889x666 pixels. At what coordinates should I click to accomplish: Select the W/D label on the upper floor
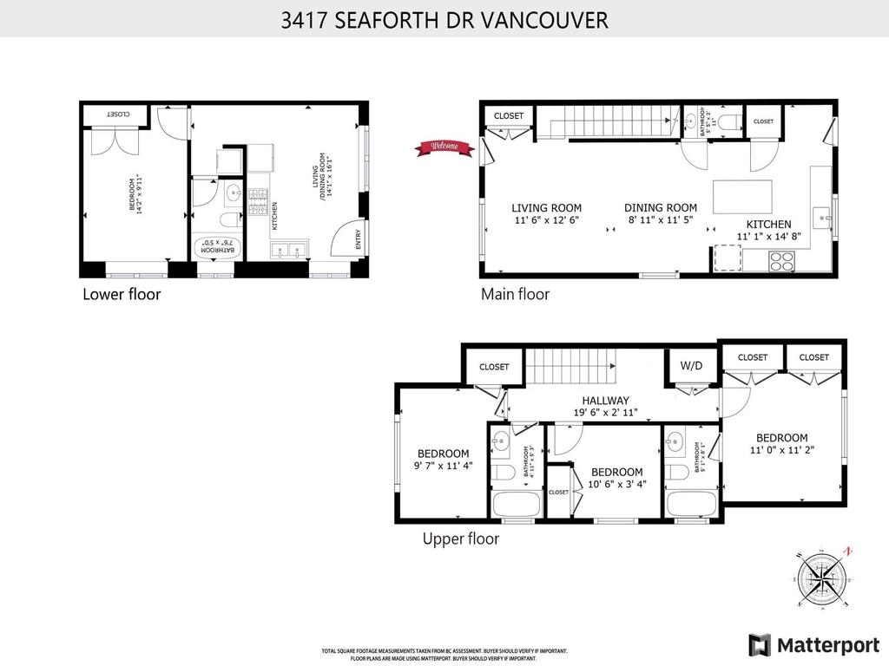point(691,366)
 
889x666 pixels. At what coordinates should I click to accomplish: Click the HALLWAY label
point(606,400)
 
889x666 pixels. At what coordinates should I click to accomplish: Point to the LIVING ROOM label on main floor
point(546,208)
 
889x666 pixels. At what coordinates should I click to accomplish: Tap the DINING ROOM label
point(661,208)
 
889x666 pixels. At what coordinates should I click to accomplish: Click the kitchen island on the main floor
point(742,197)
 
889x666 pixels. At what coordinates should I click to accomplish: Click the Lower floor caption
point(122,294)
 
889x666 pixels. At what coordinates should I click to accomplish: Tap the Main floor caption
point(515,294)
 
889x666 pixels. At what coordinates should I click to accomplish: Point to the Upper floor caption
point(460,539)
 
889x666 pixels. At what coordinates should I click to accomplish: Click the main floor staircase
point(606,121)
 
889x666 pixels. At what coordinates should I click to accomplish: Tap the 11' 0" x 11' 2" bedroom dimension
point(781,450)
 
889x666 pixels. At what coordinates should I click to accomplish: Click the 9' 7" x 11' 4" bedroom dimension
point(443,466)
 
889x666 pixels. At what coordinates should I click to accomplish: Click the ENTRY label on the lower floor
point(359,240)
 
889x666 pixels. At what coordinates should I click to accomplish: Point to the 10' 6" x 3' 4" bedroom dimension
point(616,484)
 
